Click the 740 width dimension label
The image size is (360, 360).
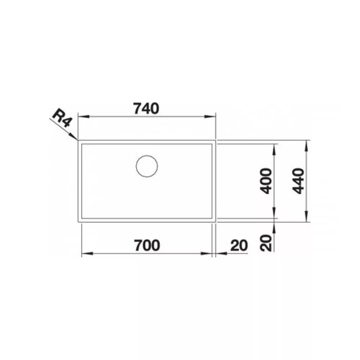click(146, 108)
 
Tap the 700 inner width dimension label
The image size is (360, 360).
click(147, 245)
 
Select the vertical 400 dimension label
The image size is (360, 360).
click(266, 181)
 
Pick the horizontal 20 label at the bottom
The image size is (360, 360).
click(239, 245)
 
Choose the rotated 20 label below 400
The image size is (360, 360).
click(266, 243)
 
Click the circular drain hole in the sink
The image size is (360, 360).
click(147, 166)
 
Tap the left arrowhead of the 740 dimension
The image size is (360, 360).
click(84, 116)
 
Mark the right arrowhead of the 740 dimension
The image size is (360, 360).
click(210, 116)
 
